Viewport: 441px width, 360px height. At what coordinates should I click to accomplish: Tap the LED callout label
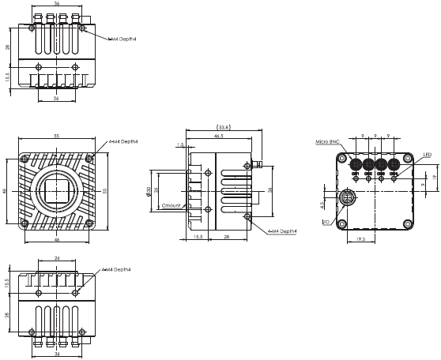click(427, 155)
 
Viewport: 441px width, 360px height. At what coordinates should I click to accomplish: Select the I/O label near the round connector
click(326, 223)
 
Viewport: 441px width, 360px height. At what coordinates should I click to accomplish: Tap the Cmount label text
click(172, 205)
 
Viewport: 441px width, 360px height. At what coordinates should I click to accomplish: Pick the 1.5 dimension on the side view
click(181, 144)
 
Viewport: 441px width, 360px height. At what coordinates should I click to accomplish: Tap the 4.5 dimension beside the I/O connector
click(322, 204)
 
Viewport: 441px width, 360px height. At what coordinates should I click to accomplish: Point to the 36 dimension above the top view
click(57, 4)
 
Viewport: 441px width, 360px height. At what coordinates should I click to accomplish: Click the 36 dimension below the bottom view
click(57, 354)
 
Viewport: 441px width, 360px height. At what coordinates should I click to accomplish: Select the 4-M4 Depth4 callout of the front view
click(124, 142)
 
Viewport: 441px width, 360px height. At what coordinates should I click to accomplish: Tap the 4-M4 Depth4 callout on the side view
click(282, 231)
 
